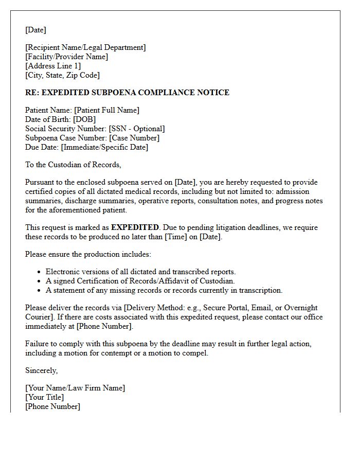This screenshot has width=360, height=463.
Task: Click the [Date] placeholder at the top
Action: coord(35,30)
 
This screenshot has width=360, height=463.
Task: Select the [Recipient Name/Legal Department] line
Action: coord(85,47)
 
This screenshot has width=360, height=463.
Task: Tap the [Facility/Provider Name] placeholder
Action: coord(66,57)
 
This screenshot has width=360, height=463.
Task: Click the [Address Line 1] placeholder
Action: coord(53,66)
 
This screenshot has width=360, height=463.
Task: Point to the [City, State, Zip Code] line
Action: coord(62,75)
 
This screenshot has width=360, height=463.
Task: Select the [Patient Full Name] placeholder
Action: coord(106,110)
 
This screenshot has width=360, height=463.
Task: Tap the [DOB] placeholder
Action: coord(85,119)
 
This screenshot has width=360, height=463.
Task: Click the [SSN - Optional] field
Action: coord(137,129)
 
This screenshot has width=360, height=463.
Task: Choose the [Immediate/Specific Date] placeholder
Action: coord(104,147)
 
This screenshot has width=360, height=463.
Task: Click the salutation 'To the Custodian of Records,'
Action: coord(73,165)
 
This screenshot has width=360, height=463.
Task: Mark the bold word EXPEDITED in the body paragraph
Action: coord(135,227)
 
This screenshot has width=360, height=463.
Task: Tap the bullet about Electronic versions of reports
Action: coord(140,272)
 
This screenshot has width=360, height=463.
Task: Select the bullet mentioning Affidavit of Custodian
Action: coord(140,281)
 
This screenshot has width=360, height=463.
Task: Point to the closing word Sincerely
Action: coord(41,370)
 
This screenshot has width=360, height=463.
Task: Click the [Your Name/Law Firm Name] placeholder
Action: coord(75,388)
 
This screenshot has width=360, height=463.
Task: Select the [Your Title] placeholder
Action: coord(45,397)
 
